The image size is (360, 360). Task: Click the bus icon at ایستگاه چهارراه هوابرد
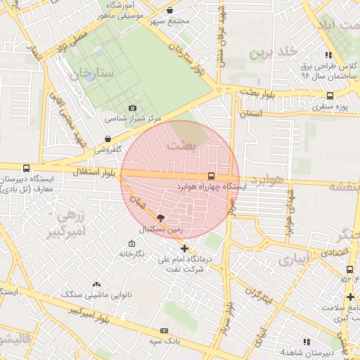tap(212, 176)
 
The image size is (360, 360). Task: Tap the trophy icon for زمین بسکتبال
tap(160, 219)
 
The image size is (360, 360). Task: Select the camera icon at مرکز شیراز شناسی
tap(133, 108)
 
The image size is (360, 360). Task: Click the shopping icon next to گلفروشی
tap(108, 139)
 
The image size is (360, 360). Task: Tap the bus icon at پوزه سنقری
tap(330, 96)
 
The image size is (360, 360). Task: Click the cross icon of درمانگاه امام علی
tap(184, 248)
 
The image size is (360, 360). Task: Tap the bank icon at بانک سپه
tap(165, 330)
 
